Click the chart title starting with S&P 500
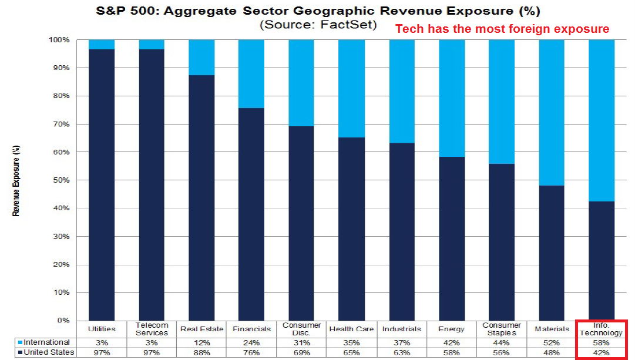(314, 11)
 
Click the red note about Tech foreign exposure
(502, 29)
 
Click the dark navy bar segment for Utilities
(102, 185)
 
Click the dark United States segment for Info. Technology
(602, 261)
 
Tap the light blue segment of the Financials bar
(252, 74)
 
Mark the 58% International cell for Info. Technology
(602, 342)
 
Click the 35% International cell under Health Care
(351, 342)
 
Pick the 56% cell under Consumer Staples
(502, 352)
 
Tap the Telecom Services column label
(152, 329)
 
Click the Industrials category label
(402, 329)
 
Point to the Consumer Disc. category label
(301, 329)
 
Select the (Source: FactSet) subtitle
(318, 25)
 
